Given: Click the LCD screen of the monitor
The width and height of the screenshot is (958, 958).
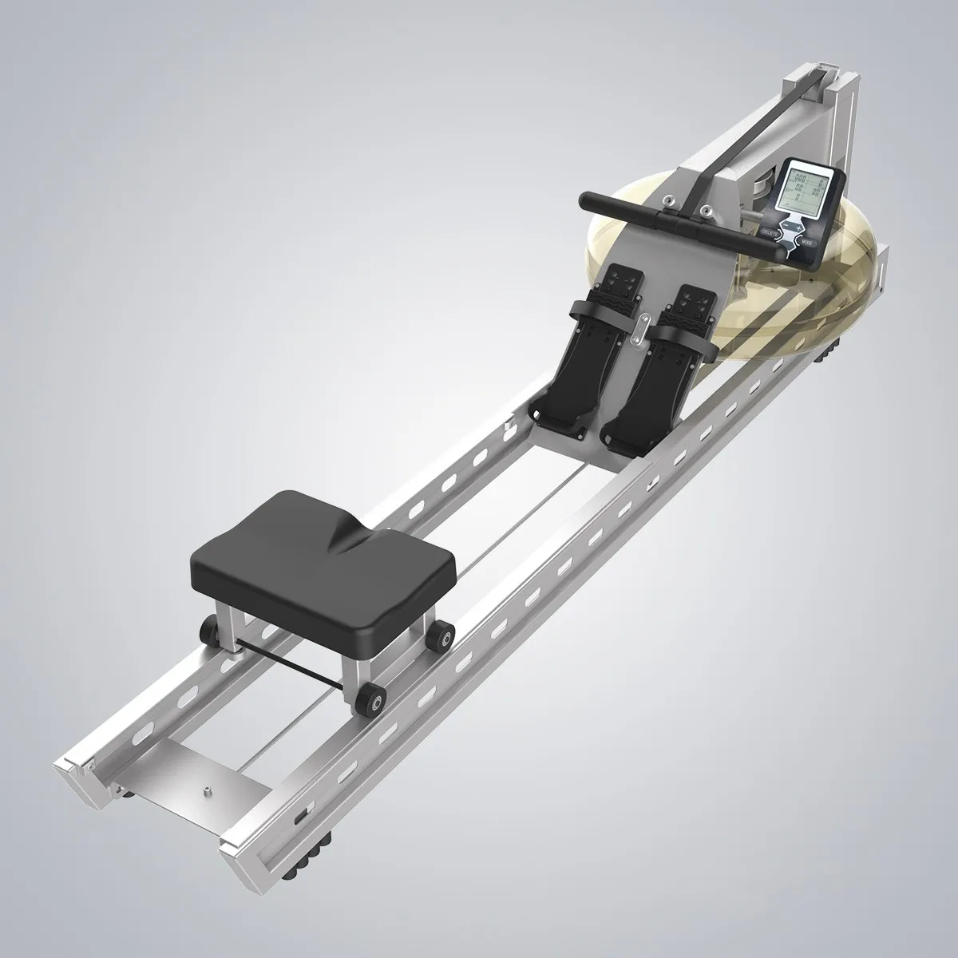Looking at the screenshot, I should (x=803, y=192).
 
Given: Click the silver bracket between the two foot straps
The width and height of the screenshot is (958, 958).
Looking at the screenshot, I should (x=639, y=331).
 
